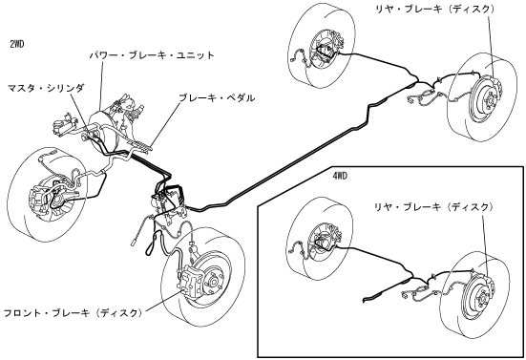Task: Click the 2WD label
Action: [17, 44]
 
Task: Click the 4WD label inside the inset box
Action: [340, 176]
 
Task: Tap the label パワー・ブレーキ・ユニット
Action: [152, 55]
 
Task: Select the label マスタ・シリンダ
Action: [46, 88]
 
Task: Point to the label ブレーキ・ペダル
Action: [217, 98]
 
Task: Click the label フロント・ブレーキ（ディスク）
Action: [74, 313]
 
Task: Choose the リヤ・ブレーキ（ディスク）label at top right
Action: [435, 9]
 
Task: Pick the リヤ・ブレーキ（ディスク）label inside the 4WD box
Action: [433, 207]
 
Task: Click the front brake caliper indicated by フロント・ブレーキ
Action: [190, 280]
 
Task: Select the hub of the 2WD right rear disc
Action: [488, 100]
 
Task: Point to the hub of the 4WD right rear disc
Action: [482, 297]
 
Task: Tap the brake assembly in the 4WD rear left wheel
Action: [323, 243]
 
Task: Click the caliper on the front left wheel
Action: [37, 201]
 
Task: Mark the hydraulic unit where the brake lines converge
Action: [167, 202]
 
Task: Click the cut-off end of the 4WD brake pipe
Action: [364, 299]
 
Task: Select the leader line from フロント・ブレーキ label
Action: [161, 303]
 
